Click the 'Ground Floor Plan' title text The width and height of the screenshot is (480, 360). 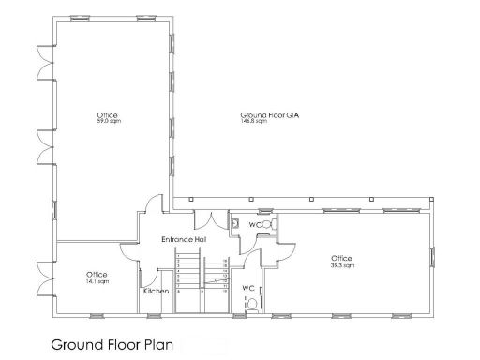click(112, 344)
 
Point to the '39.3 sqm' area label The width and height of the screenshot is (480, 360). click(341, 265)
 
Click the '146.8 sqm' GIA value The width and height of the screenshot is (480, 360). click(246, 121)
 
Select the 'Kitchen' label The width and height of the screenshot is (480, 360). click(156, 292)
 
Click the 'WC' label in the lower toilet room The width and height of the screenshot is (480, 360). click(248, 288)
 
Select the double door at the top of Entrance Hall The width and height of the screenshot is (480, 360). click(211, 222)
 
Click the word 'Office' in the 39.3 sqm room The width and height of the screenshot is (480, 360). click(341, 259)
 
